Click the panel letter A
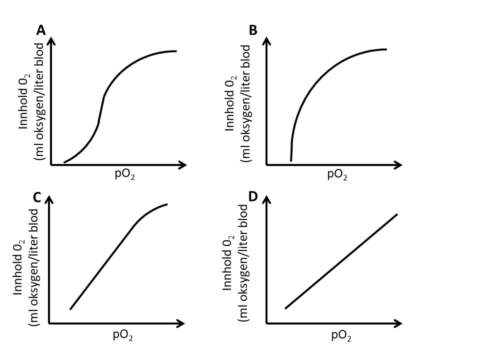pos(41,30)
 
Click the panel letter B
pos(253,30)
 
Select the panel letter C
pos(37,197)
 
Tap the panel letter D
pos(253,196)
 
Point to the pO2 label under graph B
pos(337,175)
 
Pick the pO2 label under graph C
pos(123,335)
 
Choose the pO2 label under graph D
pos(341,336)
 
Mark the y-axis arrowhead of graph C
pos(49,199)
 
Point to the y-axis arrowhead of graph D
pos(266,199)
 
